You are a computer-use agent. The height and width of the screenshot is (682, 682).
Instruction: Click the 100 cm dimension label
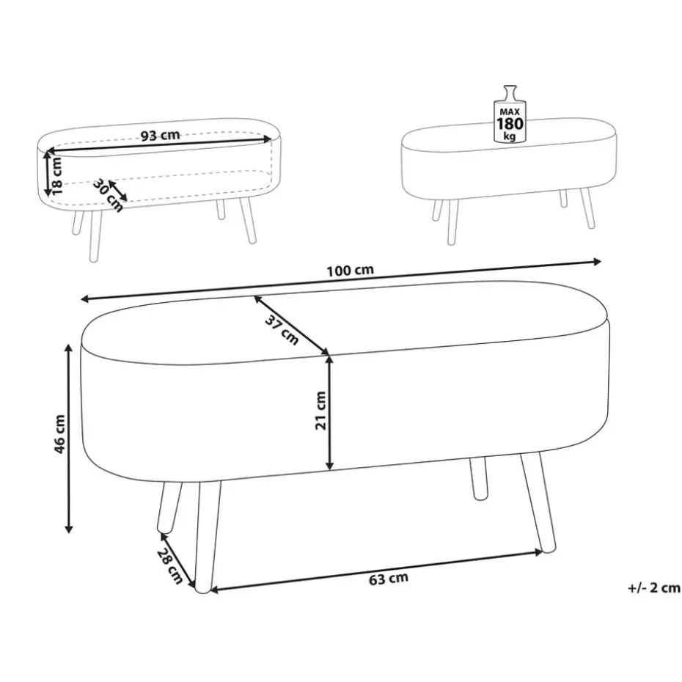tap(350, 270)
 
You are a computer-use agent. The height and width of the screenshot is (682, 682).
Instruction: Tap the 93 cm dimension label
tap(160, 135)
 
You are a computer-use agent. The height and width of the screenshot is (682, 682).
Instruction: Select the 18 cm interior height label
tap(56, 175)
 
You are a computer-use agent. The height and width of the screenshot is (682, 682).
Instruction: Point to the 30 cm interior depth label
tap(107, 195)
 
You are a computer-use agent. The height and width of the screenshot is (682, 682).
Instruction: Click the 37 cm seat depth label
tap(282, 330)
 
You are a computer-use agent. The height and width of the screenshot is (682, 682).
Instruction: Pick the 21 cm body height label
tap(320, 411)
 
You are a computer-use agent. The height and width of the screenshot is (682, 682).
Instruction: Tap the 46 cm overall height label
tap(59, 434)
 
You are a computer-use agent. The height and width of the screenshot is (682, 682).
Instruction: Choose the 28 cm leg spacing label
tap(169, 565)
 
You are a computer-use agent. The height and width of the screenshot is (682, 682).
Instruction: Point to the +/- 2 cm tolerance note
tap(653, 588)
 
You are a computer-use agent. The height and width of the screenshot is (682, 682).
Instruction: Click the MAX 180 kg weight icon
tap(510, 114)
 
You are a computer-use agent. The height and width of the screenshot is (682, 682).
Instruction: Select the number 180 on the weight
tap(510, 124)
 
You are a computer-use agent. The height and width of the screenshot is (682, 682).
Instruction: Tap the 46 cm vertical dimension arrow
tap(68, 438)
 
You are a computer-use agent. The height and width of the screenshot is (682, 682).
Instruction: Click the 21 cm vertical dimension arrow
tap(330, 413)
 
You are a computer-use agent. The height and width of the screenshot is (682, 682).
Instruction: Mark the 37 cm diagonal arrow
tap(291, 325)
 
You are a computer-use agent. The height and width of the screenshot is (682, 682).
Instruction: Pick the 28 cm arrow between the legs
tap(177, 560)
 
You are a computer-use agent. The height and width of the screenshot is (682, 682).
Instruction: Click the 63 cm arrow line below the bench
tap(377, 571)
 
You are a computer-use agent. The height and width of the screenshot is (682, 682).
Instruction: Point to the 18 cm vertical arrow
tap(47, 173)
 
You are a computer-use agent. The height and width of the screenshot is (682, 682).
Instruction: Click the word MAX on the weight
tap(510, 111)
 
